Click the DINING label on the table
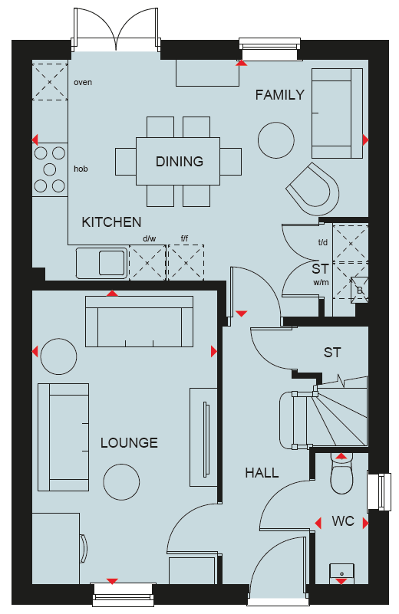180,161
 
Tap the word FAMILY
280,95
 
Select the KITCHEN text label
111,222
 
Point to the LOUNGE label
129,443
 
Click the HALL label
262,473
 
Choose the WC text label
343,521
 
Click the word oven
83,83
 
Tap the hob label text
81,169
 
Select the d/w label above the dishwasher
150,238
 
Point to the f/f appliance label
184,238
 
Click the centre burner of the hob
50,169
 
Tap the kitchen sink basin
112,263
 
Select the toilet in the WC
341,474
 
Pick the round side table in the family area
276,140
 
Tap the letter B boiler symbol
360,291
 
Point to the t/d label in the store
323,243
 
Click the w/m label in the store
321,282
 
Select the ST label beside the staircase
332,353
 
